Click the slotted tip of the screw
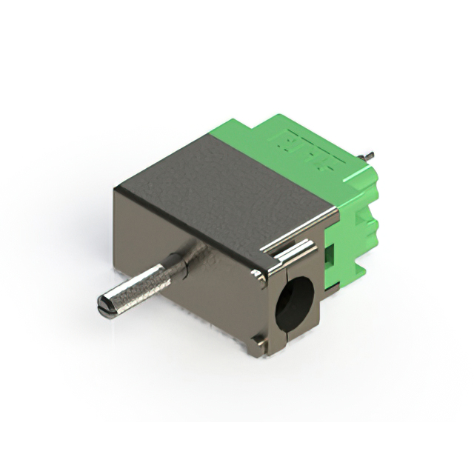105,304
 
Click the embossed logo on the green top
311,148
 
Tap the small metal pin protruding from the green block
367,156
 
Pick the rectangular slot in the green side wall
330,256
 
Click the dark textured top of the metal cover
222,185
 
